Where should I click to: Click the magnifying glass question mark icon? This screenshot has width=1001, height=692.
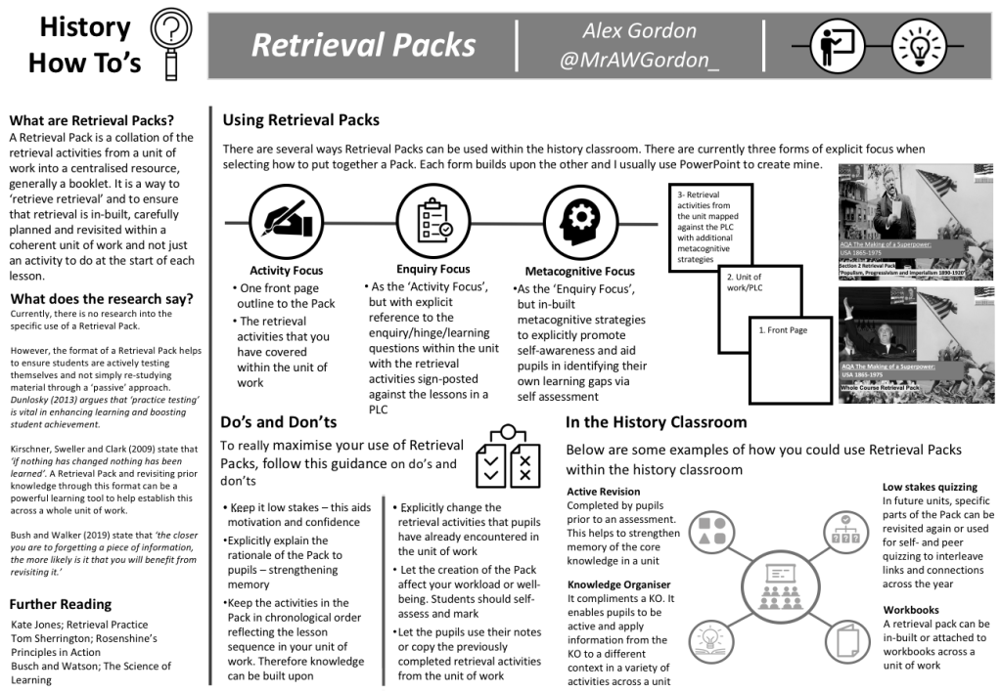pyautogui.click(x=172, y=44)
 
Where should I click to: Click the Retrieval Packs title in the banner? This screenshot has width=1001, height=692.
pyautogui.click(x=363, y=45)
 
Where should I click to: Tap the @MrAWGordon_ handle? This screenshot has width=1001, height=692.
pyautogui.click(x=640, y=61)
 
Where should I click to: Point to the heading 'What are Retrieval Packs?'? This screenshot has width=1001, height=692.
pyautogui.click(x=92, y=120)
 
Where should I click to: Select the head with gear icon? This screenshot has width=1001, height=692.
pyautogui.click(x=579, y=216)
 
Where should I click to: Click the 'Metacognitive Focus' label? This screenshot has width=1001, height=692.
pyautogui.click(x=579, y=271)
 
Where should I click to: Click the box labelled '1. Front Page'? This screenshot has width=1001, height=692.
pyautogui.click(x=794, y=344)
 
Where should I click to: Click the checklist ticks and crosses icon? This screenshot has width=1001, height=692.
pyautogui.click(x=507, y=458)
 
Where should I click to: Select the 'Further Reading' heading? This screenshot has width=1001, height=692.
pyautogui.click(x=61, y=604)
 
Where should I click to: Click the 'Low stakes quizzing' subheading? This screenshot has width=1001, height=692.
pyautogui.click(x=930, y=487)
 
